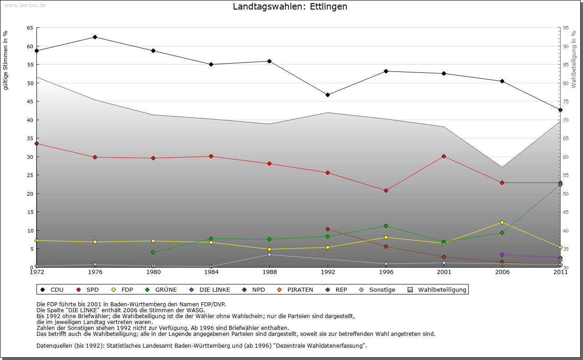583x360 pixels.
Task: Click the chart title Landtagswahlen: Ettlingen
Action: point(290,7)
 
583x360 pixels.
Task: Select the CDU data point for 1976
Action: point(95,37)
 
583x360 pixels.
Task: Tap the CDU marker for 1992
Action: point(327,95)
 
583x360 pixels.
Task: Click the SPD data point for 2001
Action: point(444,156)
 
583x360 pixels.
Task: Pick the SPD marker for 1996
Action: point(386,190)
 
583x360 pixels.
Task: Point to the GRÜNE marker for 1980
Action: point(153,252)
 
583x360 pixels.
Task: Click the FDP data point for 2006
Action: point(502,222)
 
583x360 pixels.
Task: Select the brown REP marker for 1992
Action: point(327,229)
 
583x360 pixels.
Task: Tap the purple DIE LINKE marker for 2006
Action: point(502,254)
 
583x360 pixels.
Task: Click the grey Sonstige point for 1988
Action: point(269,254)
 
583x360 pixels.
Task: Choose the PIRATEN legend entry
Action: point(296,289)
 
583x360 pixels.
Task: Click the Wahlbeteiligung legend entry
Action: point(437,289)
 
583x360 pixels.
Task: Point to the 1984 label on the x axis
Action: point(211,273)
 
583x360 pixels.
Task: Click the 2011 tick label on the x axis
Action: point(560,273)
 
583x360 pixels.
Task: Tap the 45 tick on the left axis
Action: point(31,101)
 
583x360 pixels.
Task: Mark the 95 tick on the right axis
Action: point(566,28)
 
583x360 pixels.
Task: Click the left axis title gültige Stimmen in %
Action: point(6,60)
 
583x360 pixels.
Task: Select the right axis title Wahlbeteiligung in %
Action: point(574,60)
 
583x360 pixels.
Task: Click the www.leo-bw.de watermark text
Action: point(25,5)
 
